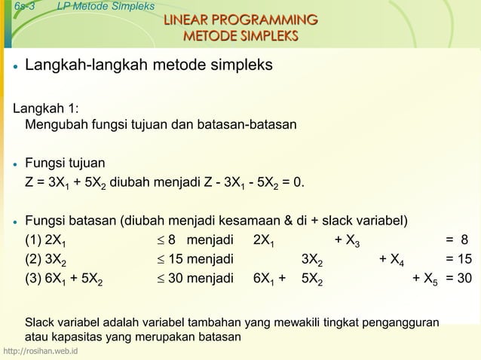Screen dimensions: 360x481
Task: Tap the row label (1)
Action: pos(33,240)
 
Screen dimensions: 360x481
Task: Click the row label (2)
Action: pos(33,260)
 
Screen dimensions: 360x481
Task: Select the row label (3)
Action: pos(33,279)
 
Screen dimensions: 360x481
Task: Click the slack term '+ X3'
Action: pos(348,241)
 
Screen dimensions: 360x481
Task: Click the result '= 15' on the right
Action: pos(458,260)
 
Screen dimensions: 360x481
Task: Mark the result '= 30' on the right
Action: pos(458,279)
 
